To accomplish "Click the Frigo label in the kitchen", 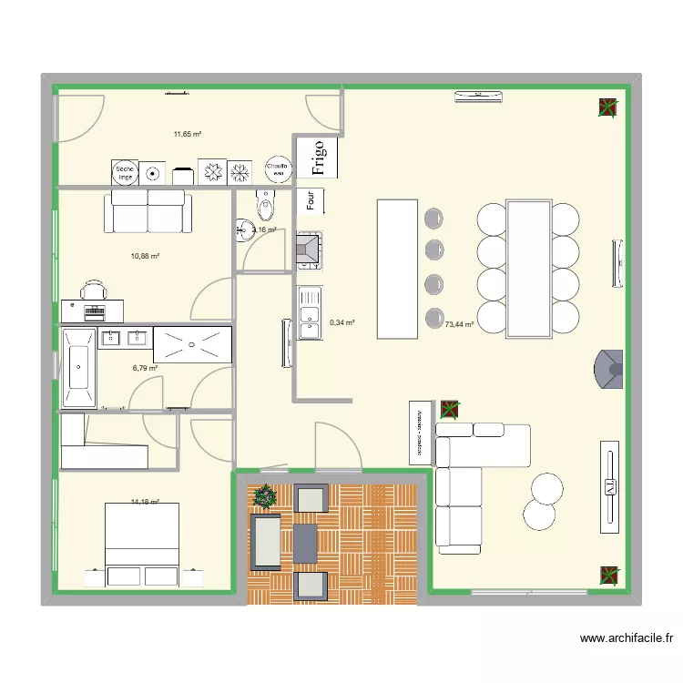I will pos(318,158).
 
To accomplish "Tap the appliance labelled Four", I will pos(311,201).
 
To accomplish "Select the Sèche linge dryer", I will pos(124,171).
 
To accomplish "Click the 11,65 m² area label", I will pos(187,134).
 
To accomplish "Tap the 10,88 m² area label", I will pos(145,256).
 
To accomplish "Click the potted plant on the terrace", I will pos(265,496).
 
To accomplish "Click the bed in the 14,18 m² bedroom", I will pos(142,543).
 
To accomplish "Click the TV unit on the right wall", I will pos(609,486).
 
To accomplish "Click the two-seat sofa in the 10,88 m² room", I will pos(148,212).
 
